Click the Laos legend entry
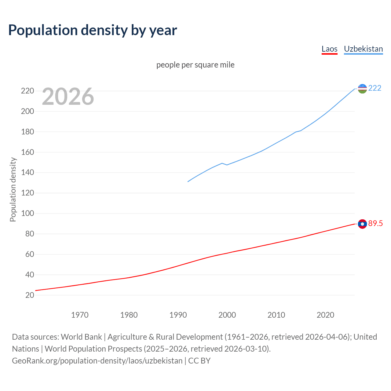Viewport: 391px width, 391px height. (329, 49)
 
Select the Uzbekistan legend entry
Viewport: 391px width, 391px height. (363, 49)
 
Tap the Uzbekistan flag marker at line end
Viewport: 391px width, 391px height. (362, 89)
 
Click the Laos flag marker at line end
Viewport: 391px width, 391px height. (362, 224)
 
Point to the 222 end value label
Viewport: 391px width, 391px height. (375, 88)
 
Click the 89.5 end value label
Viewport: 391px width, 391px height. (375, 224)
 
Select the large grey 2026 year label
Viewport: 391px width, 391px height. (68, 97)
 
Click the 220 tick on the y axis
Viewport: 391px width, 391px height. (27, 91)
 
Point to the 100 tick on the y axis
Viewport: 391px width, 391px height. (27, 213)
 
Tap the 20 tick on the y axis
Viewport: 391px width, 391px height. (30, 295)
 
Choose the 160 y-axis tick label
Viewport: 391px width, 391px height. (27, 152)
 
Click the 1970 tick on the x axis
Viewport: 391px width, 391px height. (80, 315)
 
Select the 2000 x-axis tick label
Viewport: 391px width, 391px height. (227, 315)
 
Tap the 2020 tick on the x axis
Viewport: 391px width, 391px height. (325, 315)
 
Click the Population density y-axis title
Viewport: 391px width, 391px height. (13, 189)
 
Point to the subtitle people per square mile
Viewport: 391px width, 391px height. (195, 65)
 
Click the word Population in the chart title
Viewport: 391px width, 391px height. (43, 30)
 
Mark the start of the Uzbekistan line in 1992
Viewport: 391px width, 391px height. (188, 182)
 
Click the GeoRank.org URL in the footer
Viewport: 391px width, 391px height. (97, 361)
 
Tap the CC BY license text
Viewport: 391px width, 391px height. (199, 361)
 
